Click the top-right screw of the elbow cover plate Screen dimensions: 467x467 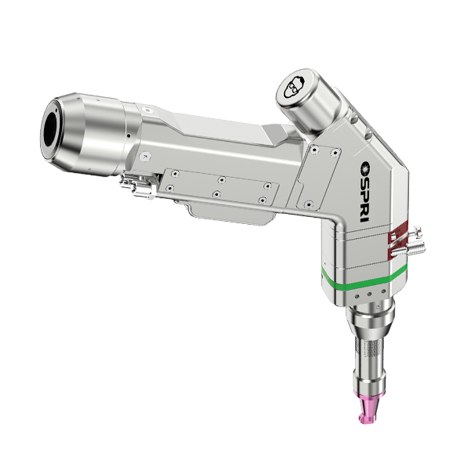pos(334,153)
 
